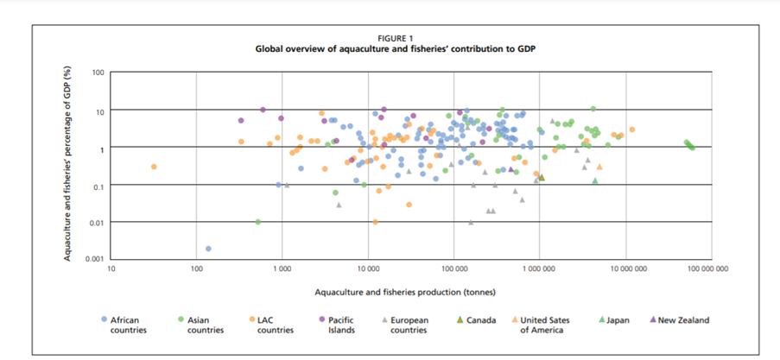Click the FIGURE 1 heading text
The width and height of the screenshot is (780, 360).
click(x=396, y=38)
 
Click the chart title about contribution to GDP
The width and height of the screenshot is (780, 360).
click(x=396, y=49)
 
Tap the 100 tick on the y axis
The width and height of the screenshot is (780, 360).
click(x=98, y=73)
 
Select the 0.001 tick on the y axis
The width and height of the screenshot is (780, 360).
click(x=94, y=259)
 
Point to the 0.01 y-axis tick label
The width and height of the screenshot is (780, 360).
click(x=96, y=222)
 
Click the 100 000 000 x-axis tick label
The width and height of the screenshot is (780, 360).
click(x=707, y=268)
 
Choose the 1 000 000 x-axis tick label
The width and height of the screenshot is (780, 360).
click(x=539, y=268)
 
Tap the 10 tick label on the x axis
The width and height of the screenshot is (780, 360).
click(x=111, y=268)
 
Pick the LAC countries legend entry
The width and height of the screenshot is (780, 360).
click(x=274, y=325)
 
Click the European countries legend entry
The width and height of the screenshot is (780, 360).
click(x=410, y=325)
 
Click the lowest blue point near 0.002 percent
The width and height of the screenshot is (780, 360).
click(x=208, y=249)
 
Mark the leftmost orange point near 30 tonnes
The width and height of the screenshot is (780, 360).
click(x=154, y=167)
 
